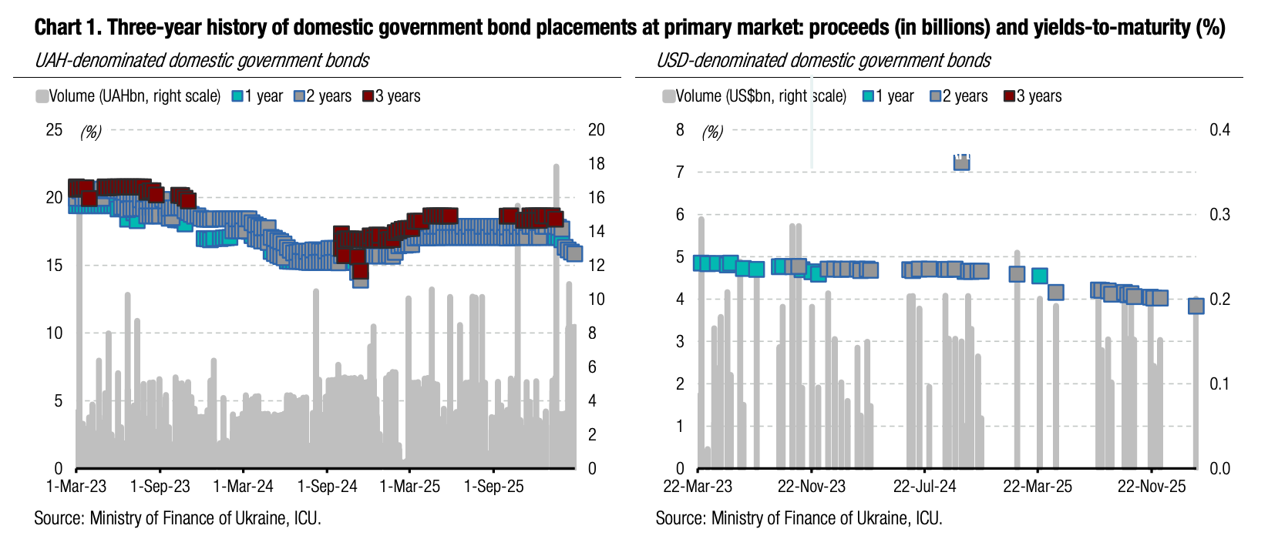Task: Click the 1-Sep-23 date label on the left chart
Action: (160, 487)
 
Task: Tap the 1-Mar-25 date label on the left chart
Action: (410, 487)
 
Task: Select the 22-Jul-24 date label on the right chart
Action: (924, 487)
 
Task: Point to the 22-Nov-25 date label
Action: (1152, 487)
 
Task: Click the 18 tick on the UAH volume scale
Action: (597, 164)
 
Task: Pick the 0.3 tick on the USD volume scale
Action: (1219, 215)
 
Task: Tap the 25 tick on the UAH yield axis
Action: (54, 129)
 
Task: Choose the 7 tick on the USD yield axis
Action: (680, 172)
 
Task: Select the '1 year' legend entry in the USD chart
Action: (889, 96)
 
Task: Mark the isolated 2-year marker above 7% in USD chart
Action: (962, 162)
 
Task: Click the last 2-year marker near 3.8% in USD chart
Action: (1196, 306)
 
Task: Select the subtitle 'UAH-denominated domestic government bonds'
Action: (202, 61)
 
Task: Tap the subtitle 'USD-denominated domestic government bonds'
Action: (823, 61)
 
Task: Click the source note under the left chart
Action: (177, 518)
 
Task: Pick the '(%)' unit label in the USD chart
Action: (712, 132)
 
